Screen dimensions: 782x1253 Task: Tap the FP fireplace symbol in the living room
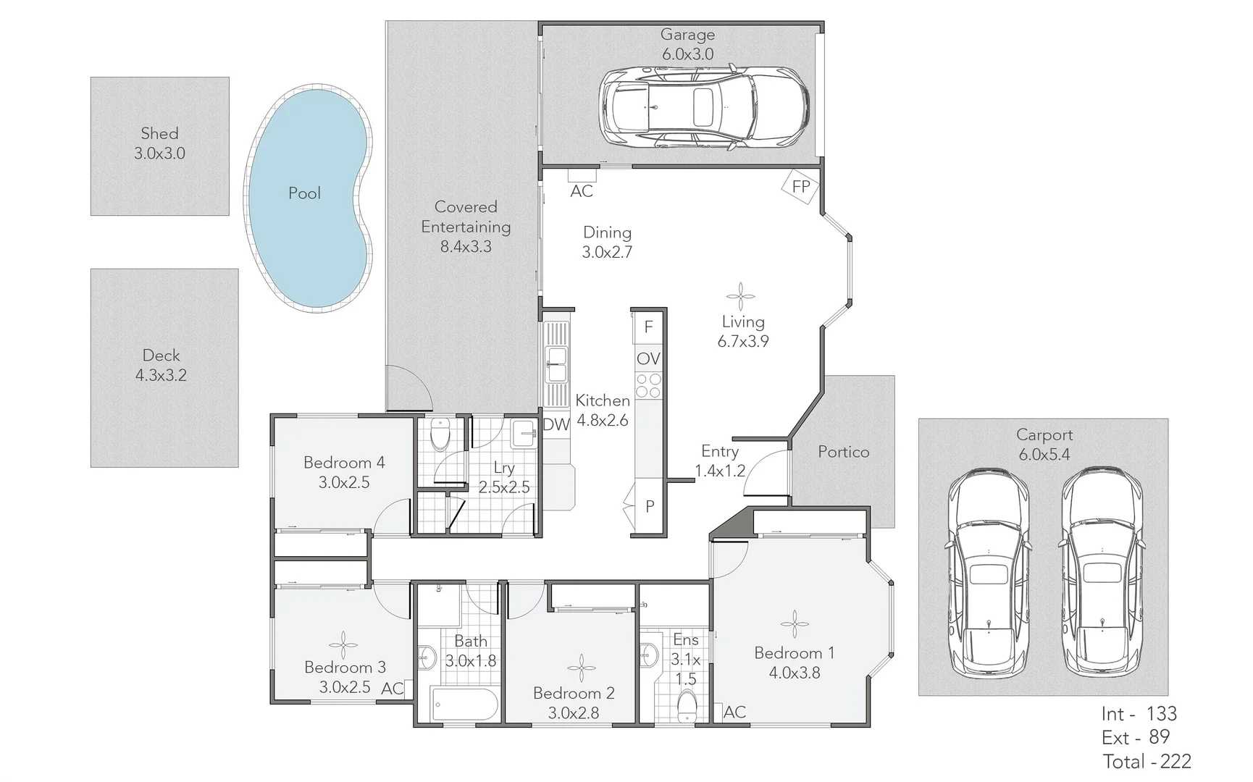pyautogui.click(x=800, y=187)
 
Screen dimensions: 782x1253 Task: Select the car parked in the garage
pyautogui.click(x=704, y=107)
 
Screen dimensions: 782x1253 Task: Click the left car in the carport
pyautogui.click(x=988, y=572)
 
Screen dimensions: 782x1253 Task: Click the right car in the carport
pyautogui.click(x=1101, y=572)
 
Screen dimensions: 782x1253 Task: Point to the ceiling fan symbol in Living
pyautogui.click(x=740, y=296)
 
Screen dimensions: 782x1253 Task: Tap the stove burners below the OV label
pyautogui.click(x=648, y=385)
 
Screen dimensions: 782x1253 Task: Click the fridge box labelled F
pyautogui.click(x=648, y=327)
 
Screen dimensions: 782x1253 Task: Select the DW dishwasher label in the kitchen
pyautogui.click(x=556, y=425)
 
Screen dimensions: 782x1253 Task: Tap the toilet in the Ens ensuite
pyautogui.click(x=686, y=703)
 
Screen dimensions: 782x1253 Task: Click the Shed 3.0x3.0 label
pyautogui.click(x=159, y=143)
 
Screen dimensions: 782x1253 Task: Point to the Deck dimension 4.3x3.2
pyautogui.click(x=161, y=375)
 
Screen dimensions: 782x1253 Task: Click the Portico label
pyautogui.click(x=843, y=452)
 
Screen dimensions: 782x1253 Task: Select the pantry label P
pyautogui.click(x=650, y=507)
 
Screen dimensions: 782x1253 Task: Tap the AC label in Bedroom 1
pyautogui.click(x=734, y=712)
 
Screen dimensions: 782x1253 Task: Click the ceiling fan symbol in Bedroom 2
pyautogui.click(x=581, y=668)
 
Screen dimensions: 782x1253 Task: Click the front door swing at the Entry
pyautogui.click(x=766, y=472)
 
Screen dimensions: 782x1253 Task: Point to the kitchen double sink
pyautogui.click(x=556, y=364)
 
